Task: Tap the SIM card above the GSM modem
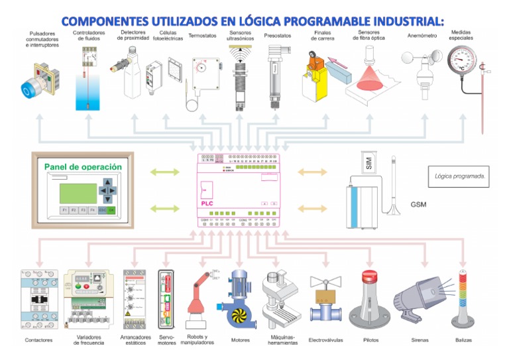point(369,161)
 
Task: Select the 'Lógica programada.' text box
point(461,176)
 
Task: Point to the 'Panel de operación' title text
point(83,167)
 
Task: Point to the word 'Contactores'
point(39,340)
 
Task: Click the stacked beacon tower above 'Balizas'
point(464,298)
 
